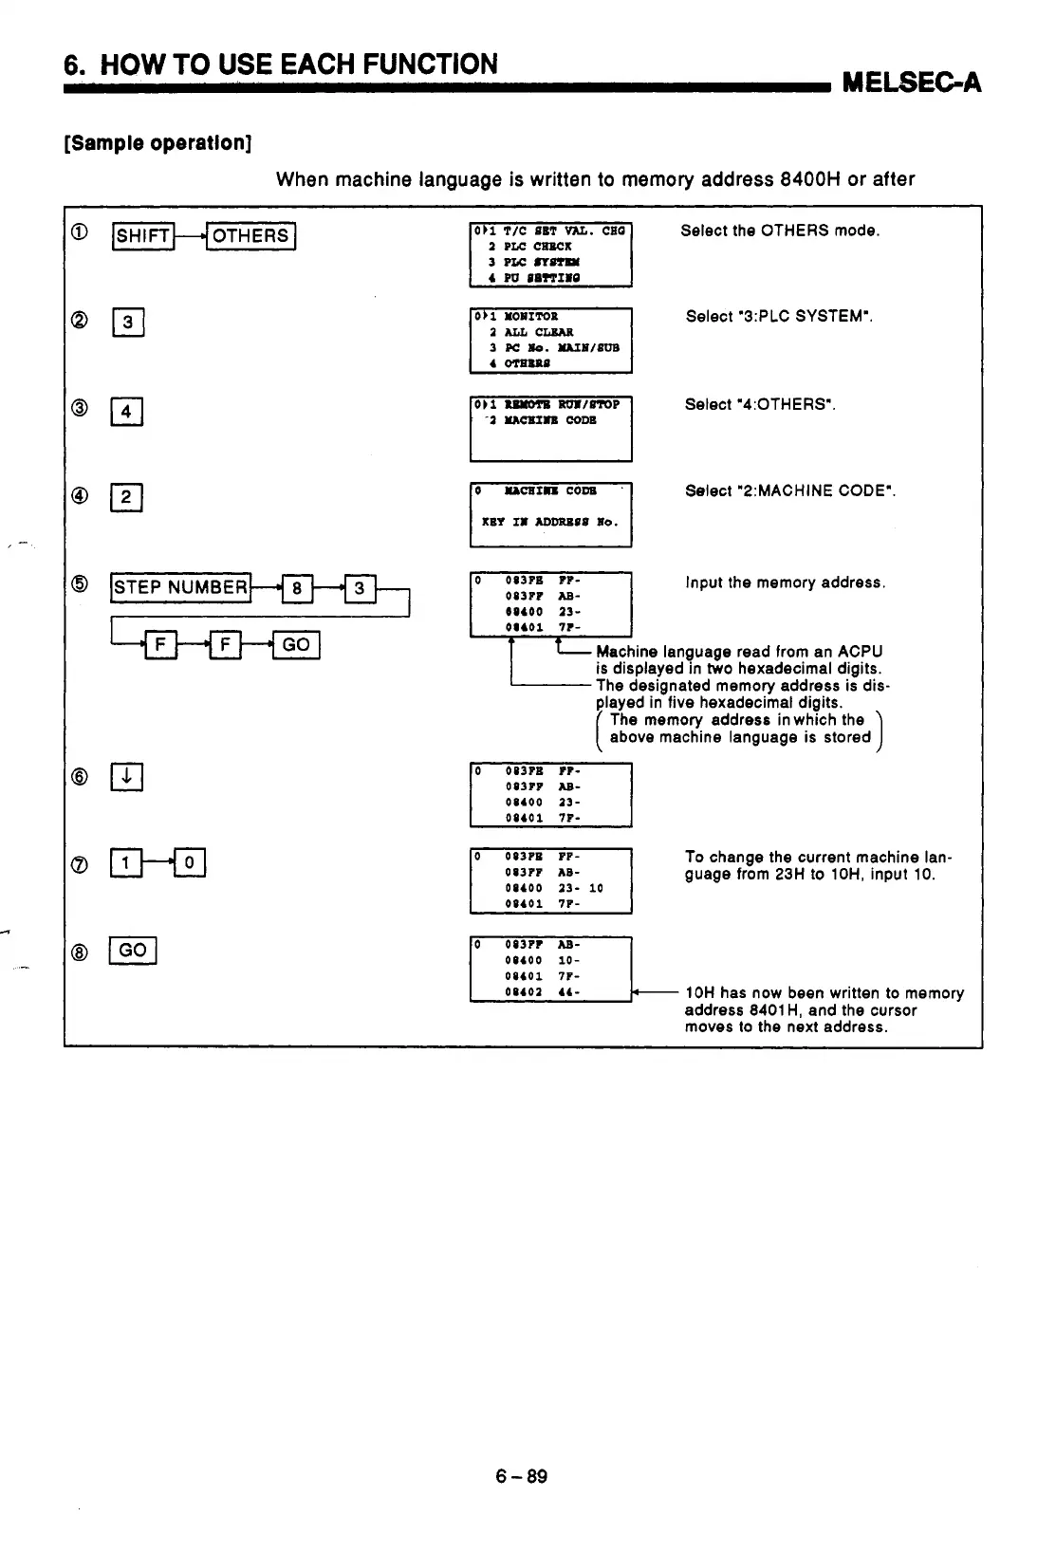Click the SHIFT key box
coord(143,235)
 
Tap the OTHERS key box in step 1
coord(251,235)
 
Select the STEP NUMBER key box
coord(180,587)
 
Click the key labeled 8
coord(297,588)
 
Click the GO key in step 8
coord(133,950)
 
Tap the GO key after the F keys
coord(296,645)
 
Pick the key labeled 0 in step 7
coord(190,862)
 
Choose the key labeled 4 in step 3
coord(127,412)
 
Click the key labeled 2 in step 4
coord(127,497)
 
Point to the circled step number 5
coord(81,583)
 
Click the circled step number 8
coord(81,950)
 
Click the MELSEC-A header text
coord(911,83)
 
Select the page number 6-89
coord(521,1476)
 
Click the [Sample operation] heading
coord(157,143)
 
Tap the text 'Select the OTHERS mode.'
coord(780,231)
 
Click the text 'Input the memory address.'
coord(786,582)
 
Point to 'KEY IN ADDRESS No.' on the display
coord(549,522)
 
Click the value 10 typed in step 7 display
coord(596,889)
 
